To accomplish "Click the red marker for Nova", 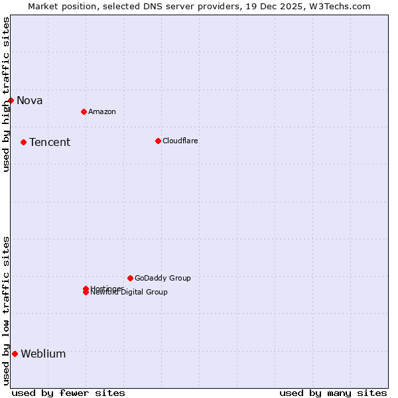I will click(11, 100).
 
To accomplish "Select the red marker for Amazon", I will click(84, 111).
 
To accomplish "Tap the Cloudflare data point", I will click(158, 141).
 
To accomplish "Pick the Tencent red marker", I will click(23, 142).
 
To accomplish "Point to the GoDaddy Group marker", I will click(130, 278).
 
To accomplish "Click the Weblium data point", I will click(15, 354).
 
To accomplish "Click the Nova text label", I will click(30, 101).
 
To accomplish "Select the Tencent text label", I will click(50, 143).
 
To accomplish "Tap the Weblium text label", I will click(43, 354).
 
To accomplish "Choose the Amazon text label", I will click(102, 112).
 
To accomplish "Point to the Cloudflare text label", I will click(180, 141).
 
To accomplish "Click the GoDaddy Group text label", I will click(163, 279).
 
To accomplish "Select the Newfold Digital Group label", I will click(129, 293).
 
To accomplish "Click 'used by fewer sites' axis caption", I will click(68, 393).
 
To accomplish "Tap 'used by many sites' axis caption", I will click(333, 393).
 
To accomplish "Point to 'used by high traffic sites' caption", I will click(7, 94).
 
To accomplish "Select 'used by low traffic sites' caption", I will click(7, 310).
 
